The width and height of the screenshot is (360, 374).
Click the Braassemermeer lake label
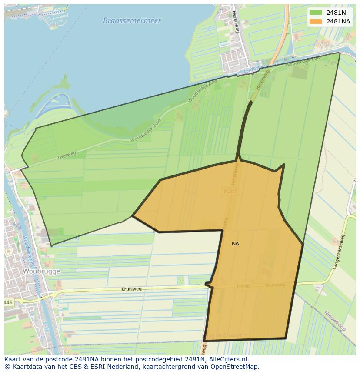(132, 20)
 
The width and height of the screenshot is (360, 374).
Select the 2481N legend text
(336, 13)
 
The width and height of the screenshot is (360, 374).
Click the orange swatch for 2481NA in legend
(316, 21)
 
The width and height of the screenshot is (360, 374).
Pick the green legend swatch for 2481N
(316, 13)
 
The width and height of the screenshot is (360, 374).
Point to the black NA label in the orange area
(235, 244)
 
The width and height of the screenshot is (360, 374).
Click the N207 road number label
(230, 191)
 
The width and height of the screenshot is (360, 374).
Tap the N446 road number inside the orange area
(243, 286)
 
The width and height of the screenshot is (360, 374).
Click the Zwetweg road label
(66, 156)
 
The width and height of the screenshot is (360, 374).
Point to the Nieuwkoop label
(334, 321)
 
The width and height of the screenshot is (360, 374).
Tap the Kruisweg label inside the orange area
(275, 285)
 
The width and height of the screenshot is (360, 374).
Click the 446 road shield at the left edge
(8, 302)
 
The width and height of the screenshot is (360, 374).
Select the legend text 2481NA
(338, 21)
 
